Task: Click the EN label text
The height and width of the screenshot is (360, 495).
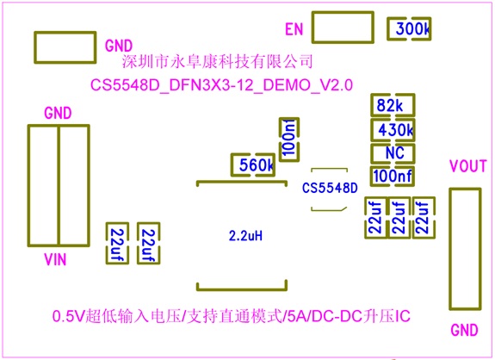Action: (294, 29)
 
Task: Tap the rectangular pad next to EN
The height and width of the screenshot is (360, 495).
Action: (343, 13)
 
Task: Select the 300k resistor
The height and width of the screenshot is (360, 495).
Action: (409, 28)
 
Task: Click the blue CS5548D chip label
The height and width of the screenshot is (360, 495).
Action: (330, 188)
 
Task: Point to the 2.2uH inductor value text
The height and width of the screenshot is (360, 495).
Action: (245, 236)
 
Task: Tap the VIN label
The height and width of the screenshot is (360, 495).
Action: (55, 260)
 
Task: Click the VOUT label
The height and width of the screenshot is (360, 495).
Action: (468, 166)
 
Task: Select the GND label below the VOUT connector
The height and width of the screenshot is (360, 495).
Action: (464, 331)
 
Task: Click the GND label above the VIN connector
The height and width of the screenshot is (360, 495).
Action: (58, 113)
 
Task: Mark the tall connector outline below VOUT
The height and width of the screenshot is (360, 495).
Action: (450, 249)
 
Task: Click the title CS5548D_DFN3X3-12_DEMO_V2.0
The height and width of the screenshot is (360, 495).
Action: (221, 85)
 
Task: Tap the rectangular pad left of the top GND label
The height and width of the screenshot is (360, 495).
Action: (65, 33)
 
